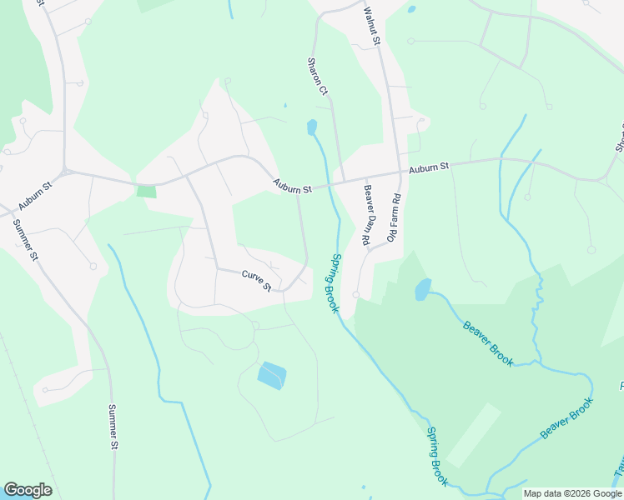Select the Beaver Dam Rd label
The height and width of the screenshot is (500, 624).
click(x=366, y=213)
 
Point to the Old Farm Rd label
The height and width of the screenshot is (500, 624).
click(x=395, y=217)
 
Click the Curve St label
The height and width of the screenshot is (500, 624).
click(x=257, y=280)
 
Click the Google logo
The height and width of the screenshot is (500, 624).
click(x=28, y=490)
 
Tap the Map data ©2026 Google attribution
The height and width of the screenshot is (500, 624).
click(x=572, y=493)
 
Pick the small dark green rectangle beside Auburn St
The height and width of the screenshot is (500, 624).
click(x=146, y=192)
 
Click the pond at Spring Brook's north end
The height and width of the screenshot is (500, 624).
click(x=312, y=127)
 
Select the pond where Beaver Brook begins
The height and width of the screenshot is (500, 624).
click(x=423, y=289)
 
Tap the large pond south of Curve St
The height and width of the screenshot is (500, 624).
click(x=271, y=376)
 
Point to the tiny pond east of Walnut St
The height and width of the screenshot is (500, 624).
click(x=411, y=10)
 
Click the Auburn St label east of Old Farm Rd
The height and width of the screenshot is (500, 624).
click(x=429, y=168)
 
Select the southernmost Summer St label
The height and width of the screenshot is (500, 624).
click(x=113, y=427)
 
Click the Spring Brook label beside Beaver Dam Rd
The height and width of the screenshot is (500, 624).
click(x=335, y=283)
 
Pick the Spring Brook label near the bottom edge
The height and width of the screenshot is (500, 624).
click(x=437, y=457)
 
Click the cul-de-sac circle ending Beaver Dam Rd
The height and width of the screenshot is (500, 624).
click(x=356, y=295)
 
